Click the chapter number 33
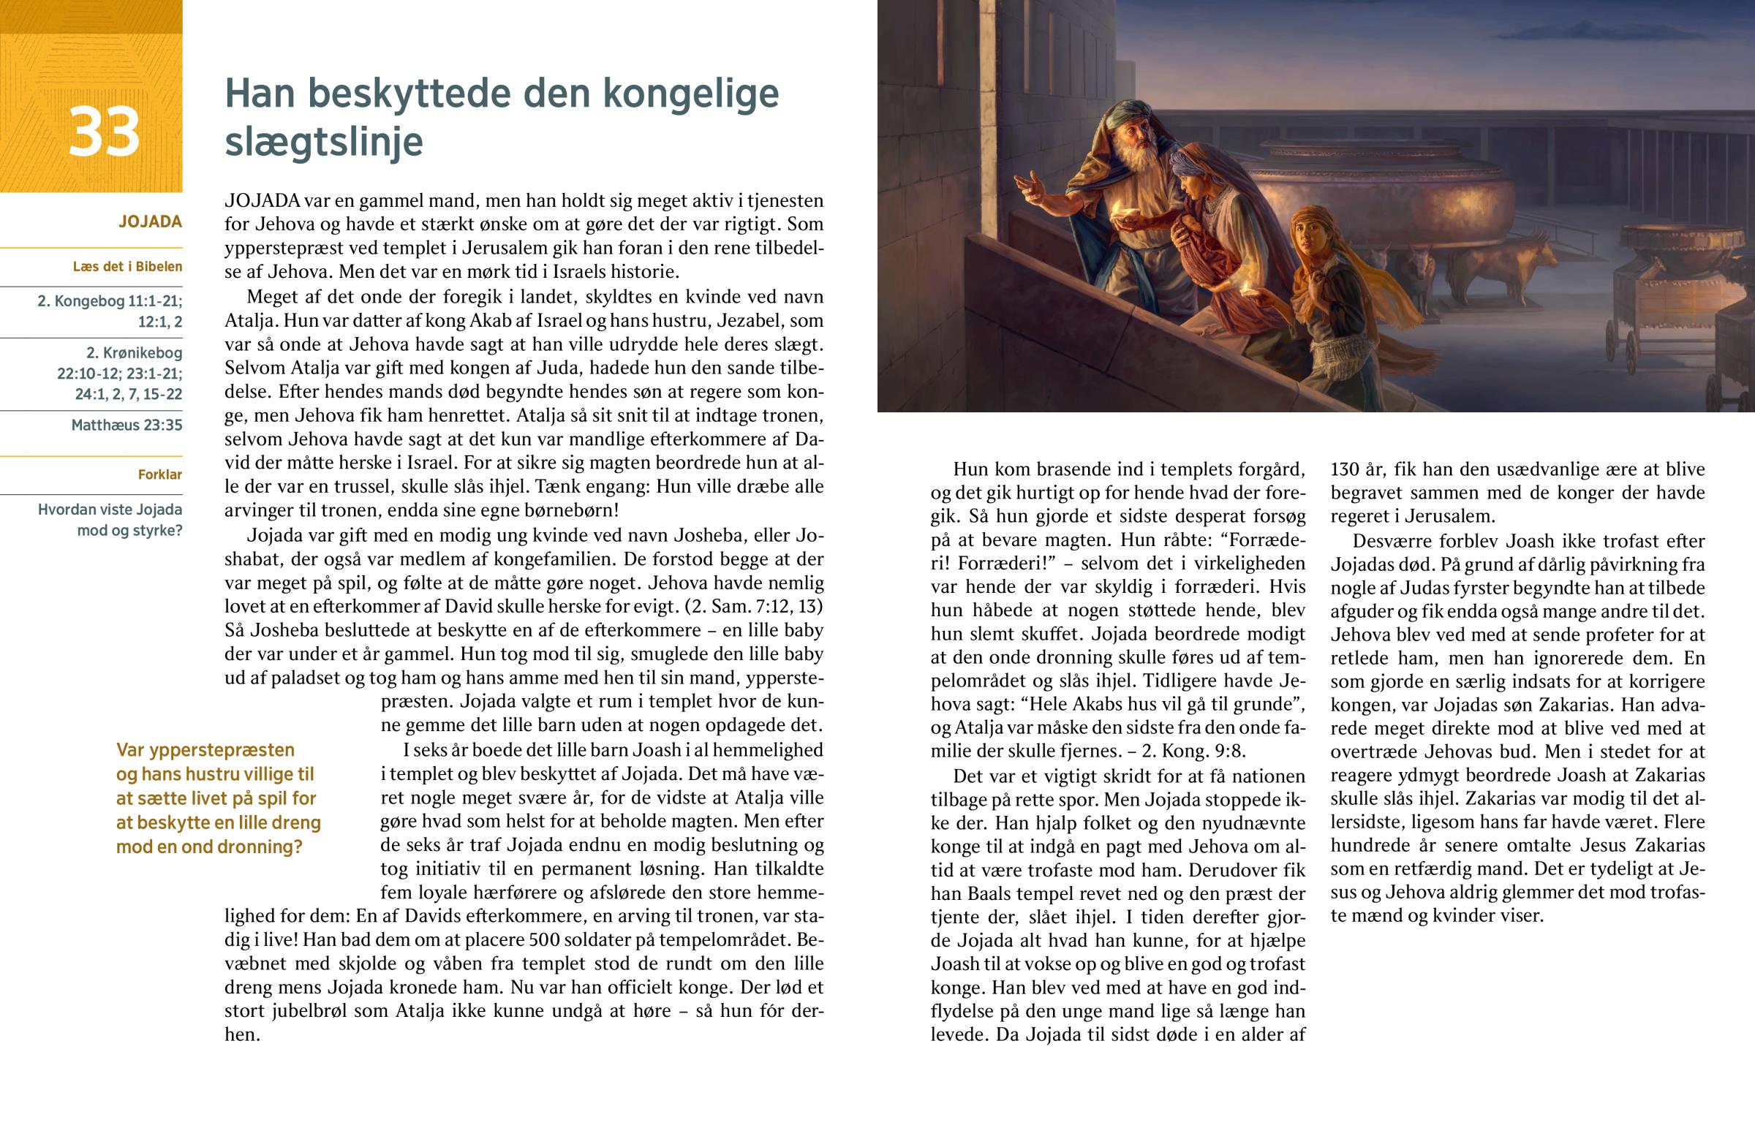104,132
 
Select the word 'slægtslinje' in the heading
324,141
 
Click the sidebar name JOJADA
150,222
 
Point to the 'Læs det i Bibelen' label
127,267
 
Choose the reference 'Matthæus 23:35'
127,425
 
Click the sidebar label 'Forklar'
159,474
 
